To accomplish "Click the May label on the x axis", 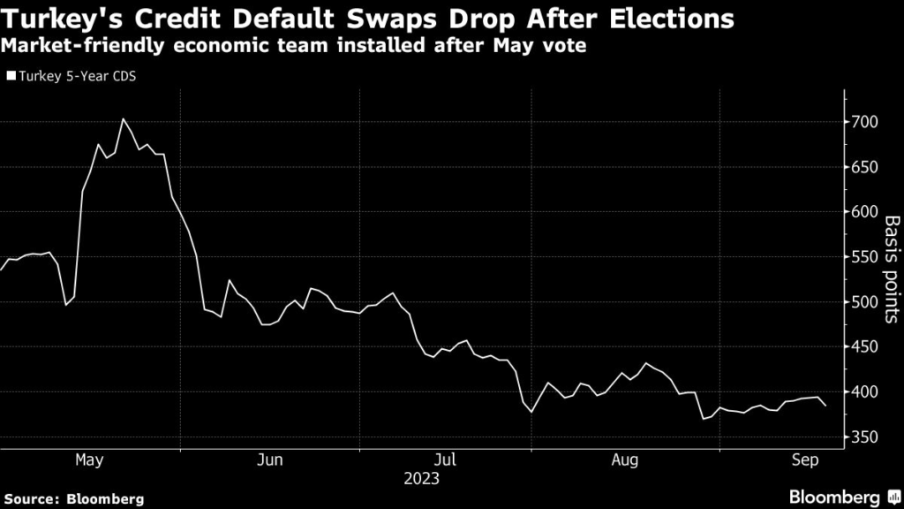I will (89, 460).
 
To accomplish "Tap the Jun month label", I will (270, 460).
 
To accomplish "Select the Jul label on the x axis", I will (446, 460).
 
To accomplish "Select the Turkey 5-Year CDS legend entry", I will (75, 76).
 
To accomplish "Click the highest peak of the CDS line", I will (124, 118).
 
